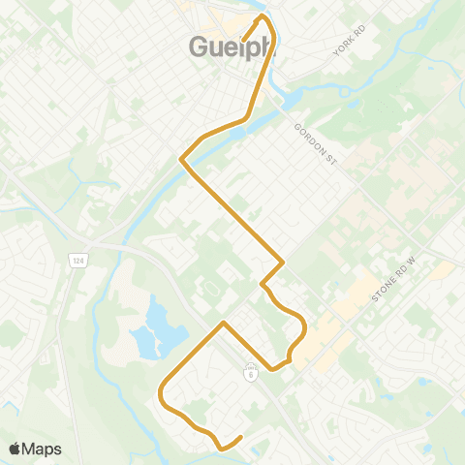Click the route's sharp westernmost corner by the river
(181, 160)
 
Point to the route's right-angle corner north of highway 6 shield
(224, 322)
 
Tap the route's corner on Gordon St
(282, 261)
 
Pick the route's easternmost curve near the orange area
(304, 329)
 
